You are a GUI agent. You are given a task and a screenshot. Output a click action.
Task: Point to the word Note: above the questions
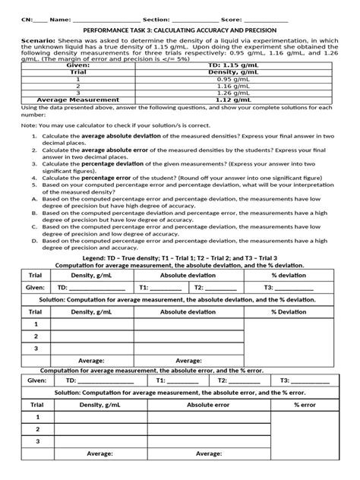30,125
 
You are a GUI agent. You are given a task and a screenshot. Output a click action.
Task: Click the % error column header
304,405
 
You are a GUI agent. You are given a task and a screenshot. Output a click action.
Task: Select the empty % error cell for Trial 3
304,441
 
